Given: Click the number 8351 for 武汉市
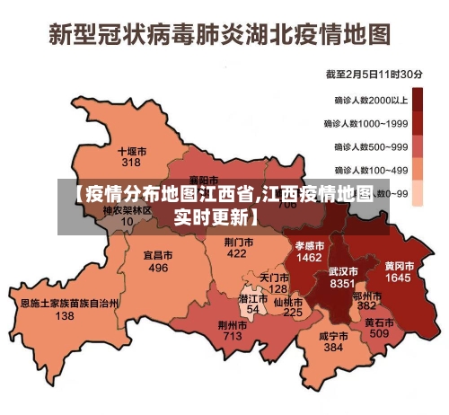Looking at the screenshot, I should [343, 283].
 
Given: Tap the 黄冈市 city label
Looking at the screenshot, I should [399, 267].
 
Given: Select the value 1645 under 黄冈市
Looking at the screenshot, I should [399, 278].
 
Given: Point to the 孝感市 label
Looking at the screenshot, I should [309, 245].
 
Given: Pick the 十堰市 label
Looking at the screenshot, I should [132, 152].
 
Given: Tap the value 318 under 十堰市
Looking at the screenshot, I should [131, 163].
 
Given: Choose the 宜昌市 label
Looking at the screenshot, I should [158, 256].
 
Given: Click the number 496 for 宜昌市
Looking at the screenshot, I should [158, 268].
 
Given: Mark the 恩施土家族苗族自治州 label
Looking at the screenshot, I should [69, 304].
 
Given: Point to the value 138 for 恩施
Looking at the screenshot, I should [65, 316].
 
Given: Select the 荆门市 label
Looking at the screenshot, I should [237, 243].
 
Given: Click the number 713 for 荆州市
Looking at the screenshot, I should [233, 336].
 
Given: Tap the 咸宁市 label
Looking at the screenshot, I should [333, 335].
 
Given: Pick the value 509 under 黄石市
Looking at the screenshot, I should [379, 333].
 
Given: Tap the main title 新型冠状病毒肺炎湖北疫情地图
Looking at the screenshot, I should [220, 34].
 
